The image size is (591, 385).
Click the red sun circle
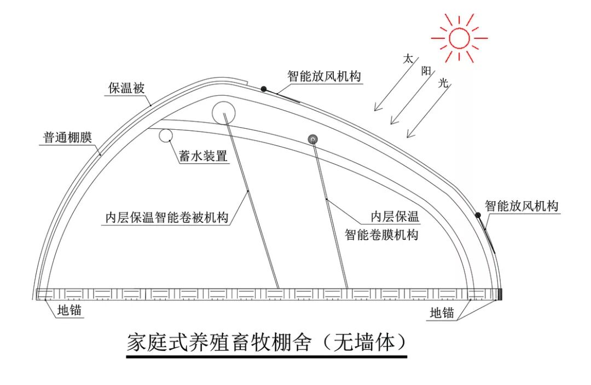459,38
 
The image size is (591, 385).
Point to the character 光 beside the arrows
444,83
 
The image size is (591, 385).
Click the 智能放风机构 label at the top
325,77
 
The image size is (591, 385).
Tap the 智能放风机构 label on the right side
521,206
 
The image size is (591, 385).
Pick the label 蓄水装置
202,156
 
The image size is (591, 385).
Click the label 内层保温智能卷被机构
167,217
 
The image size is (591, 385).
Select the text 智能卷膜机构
381,235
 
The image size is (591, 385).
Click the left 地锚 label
70,311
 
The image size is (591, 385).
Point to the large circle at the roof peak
224,112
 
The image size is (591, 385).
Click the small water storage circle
166,135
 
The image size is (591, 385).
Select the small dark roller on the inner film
313,139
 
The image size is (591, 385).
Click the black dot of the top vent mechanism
264,89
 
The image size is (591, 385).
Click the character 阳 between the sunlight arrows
426,71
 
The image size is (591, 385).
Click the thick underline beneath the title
266,357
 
